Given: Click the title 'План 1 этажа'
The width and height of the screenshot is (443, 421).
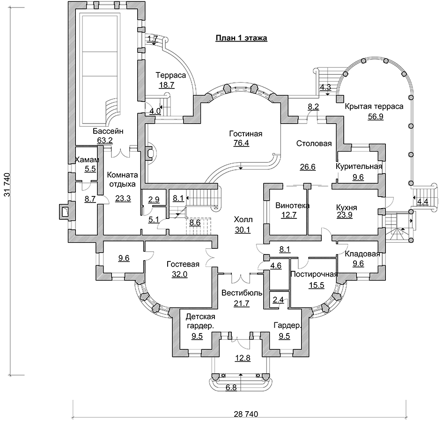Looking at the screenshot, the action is (241, 38).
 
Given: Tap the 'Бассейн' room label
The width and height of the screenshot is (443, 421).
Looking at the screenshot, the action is (108, 131).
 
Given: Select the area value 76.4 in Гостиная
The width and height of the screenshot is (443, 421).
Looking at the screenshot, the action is (241, 143).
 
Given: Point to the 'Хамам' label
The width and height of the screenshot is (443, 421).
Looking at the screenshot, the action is (87, 160).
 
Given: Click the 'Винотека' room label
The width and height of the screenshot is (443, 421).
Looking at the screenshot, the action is (292, 206).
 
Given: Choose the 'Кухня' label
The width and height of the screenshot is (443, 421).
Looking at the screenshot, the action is (347, 208).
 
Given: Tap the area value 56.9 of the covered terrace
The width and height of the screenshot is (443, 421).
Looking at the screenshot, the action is (376, 116).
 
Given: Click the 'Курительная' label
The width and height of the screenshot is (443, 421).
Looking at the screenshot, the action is (359, 167).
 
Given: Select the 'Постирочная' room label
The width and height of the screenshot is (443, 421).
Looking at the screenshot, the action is (314, 275).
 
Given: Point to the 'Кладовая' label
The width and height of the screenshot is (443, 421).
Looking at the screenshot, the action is (362, 254).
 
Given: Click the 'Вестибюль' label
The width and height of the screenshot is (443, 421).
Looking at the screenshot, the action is (242, 293).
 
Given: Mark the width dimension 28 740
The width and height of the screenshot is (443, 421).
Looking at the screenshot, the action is (246, 414).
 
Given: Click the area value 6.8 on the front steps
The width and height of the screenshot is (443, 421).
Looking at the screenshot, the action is (231, 388).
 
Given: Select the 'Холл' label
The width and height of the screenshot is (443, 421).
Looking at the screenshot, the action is (243, 219).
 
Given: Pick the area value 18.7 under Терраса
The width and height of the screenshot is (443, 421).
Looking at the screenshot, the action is (167, 85).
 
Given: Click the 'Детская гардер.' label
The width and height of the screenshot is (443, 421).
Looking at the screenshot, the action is (200, 321).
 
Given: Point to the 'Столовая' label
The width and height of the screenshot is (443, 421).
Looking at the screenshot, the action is (314, 144).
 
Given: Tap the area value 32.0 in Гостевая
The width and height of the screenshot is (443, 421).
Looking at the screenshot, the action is (180, 274).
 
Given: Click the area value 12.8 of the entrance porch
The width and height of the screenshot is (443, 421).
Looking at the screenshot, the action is (243, 358).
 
